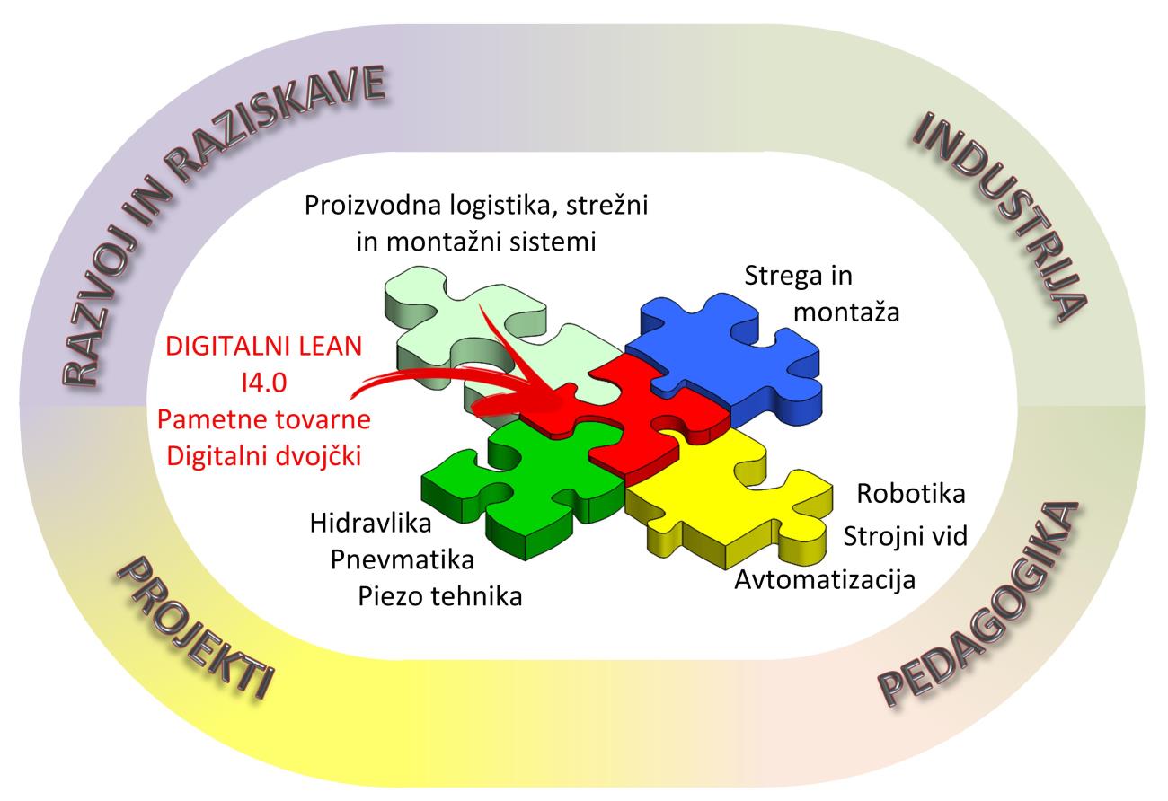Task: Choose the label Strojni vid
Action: point(905,536)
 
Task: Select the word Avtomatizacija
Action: point(825,579)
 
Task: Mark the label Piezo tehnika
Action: point(439,596)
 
